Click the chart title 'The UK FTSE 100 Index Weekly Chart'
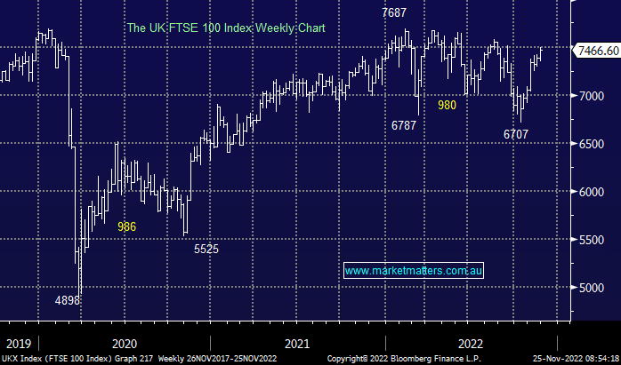226,28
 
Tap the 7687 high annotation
397,13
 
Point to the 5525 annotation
206,250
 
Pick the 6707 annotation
516,134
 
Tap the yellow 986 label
127,226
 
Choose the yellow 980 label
448,105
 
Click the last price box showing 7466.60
598,51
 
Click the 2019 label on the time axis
18,343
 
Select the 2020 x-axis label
124,343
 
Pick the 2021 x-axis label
297,343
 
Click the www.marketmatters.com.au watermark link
414,270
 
